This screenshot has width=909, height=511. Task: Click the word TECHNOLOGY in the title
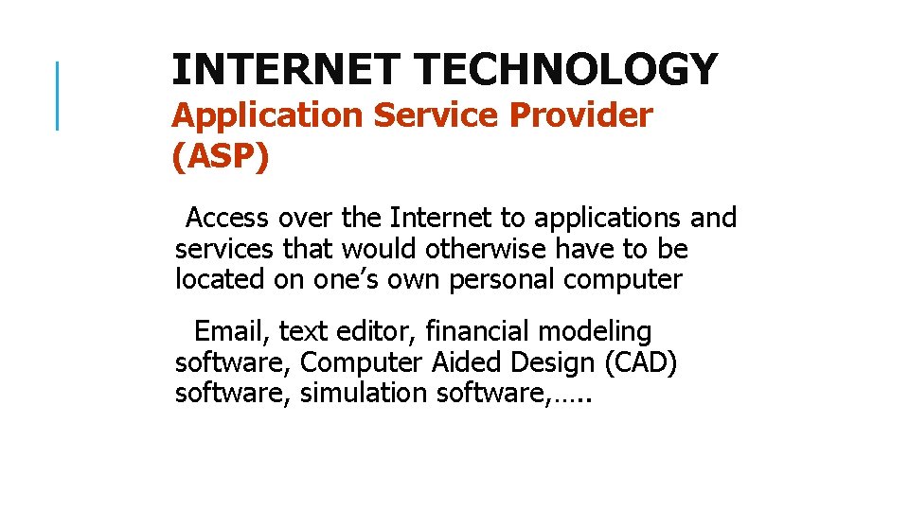566,69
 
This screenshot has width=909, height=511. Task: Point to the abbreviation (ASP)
221,156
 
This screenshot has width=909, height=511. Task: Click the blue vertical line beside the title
58,95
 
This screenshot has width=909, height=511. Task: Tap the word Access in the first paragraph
227,218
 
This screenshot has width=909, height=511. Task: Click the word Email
232,331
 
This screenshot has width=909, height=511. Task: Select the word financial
477,331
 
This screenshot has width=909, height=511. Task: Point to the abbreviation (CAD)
640,362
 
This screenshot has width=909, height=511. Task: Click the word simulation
364,394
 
